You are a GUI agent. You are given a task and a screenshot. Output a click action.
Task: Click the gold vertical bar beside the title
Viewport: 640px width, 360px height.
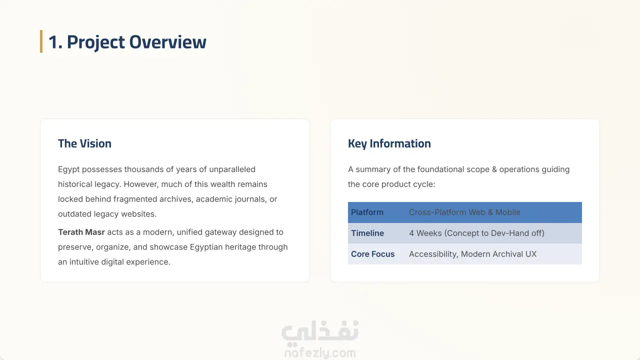pos(41,41)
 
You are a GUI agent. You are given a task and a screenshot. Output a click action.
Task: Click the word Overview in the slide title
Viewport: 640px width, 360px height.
pos(167,42)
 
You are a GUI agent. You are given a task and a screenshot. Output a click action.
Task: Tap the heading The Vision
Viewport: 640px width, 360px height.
pos(84,143)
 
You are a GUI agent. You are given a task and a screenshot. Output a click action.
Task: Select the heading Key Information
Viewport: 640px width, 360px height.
pos(389,143)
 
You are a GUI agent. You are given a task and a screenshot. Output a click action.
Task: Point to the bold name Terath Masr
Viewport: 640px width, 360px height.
pos(81,232)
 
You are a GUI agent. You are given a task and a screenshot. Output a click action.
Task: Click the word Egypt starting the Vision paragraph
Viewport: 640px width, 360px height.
pos(69,169)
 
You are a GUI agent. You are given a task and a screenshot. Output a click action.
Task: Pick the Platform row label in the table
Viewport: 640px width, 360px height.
pos(367,212)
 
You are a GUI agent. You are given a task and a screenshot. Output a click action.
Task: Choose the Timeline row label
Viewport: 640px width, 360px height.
pos(367,233)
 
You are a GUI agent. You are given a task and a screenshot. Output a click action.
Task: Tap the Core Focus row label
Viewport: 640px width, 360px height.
pos(373,254)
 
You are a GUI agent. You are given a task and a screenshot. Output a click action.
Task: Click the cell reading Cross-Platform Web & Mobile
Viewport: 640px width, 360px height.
pos(464,212)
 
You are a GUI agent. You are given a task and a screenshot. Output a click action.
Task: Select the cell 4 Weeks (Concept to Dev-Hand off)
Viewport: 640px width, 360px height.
pos(476,233)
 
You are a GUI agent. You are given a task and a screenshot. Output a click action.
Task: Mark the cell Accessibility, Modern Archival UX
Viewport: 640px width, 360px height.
pos(473,254)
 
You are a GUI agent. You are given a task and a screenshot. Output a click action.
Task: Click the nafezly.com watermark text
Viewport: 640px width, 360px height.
pos(320,353)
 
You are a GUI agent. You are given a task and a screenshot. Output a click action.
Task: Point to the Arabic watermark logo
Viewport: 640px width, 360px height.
pos(320,331)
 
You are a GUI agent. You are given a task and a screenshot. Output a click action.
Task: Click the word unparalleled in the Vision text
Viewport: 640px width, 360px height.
pos(232,169)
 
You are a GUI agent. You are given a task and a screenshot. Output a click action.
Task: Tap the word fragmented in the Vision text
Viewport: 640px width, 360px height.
pos(135,199)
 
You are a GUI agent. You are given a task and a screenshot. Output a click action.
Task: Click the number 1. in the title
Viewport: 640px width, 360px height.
pos(55,42)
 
